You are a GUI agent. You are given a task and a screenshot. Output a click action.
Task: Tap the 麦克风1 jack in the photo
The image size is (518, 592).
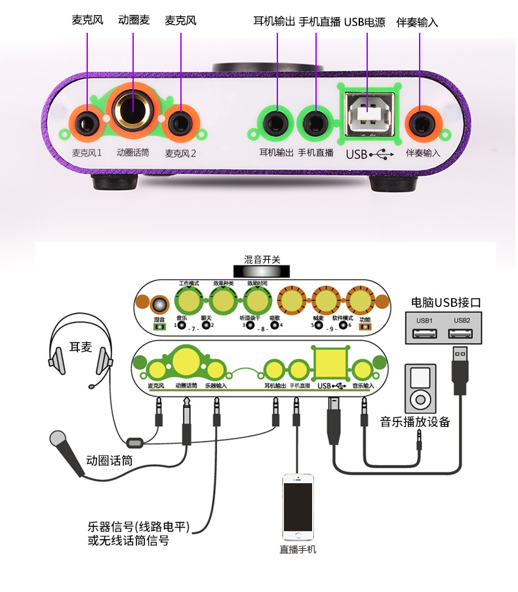85,123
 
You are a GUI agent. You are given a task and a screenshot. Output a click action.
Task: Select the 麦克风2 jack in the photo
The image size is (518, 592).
178,123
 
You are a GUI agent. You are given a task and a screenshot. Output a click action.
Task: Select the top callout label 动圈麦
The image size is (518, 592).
134,20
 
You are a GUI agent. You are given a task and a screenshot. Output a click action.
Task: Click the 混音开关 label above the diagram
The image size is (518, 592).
262,260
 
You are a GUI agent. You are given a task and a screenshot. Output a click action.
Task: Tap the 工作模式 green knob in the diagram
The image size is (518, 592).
189,302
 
